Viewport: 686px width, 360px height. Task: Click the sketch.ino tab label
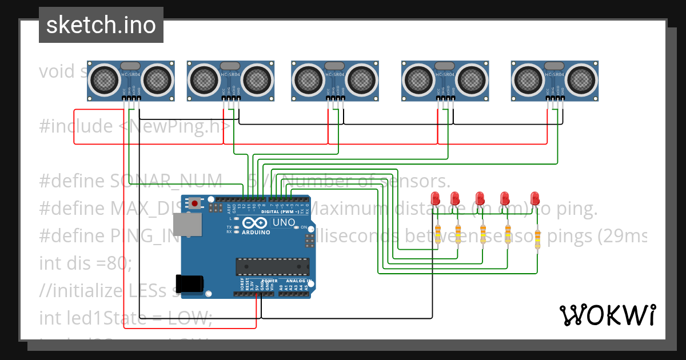coord(101,25)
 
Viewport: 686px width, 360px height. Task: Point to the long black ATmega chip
coord(273,266)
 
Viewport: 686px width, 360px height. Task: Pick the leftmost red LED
coord(436,198)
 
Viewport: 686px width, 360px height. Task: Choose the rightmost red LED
coord(535,198)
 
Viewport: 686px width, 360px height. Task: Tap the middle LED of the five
coord(480,198)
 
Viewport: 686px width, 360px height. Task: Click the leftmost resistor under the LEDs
coord(438,234)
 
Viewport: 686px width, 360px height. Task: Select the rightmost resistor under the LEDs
coord(537,238)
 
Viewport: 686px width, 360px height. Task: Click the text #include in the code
coord(75,126)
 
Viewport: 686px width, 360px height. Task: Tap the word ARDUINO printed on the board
coord(256,233)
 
